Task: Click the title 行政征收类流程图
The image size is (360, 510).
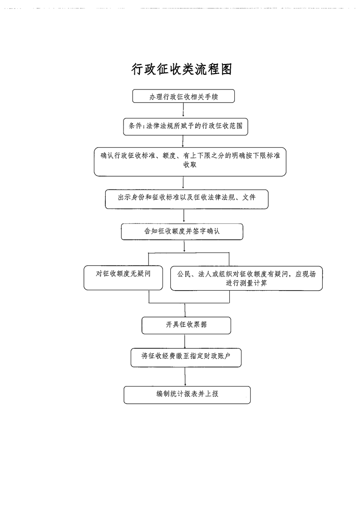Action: [182, 69]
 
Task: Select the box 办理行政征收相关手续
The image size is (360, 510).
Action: [183, 96]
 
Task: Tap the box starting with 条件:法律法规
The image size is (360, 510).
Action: [186, 126]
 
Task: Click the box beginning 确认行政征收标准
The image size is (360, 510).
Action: [190, 161]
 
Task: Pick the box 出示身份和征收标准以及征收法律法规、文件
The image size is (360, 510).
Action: [187, 198]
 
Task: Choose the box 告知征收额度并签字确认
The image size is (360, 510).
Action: [182, 231]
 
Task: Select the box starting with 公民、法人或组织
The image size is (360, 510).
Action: [246, 278]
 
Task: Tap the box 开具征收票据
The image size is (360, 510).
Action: [186, 325]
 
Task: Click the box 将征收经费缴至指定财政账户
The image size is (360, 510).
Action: [185, 357]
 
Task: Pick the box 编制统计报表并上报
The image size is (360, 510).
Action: [187, 394]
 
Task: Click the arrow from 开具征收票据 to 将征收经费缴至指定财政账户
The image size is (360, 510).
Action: [185, 341]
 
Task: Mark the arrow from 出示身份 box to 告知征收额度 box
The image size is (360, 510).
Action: [183, 216]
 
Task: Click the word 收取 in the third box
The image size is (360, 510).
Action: [190, 166]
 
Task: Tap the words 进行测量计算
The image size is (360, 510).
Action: [246, 283]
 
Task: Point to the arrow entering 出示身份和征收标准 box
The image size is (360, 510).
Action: [183, 183]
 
